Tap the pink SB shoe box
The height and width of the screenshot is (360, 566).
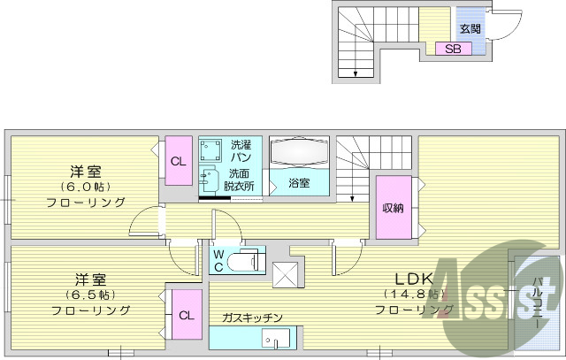click(453, 49)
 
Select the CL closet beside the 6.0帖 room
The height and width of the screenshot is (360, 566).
click(179, 161)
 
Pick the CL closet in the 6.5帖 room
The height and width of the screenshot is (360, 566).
click(186, 315)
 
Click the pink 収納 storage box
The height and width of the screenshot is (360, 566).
click(393, 208)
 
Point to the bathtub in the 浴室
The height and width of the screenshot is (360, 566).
click(299, 154)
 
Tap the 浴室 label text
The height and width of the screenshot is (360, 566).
click(299, 184)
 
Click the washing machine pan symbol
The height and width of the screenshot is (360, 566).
click(211, 149)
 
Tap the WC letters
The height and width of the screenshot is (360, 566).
click(218, 261)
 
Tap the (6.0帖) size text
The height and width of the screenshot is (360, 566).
click(85, 187)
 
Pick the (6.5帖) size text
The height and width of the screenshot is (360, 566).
click(88, 294)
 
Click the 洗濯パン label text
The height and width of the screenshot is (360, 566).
click(241, 150)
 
